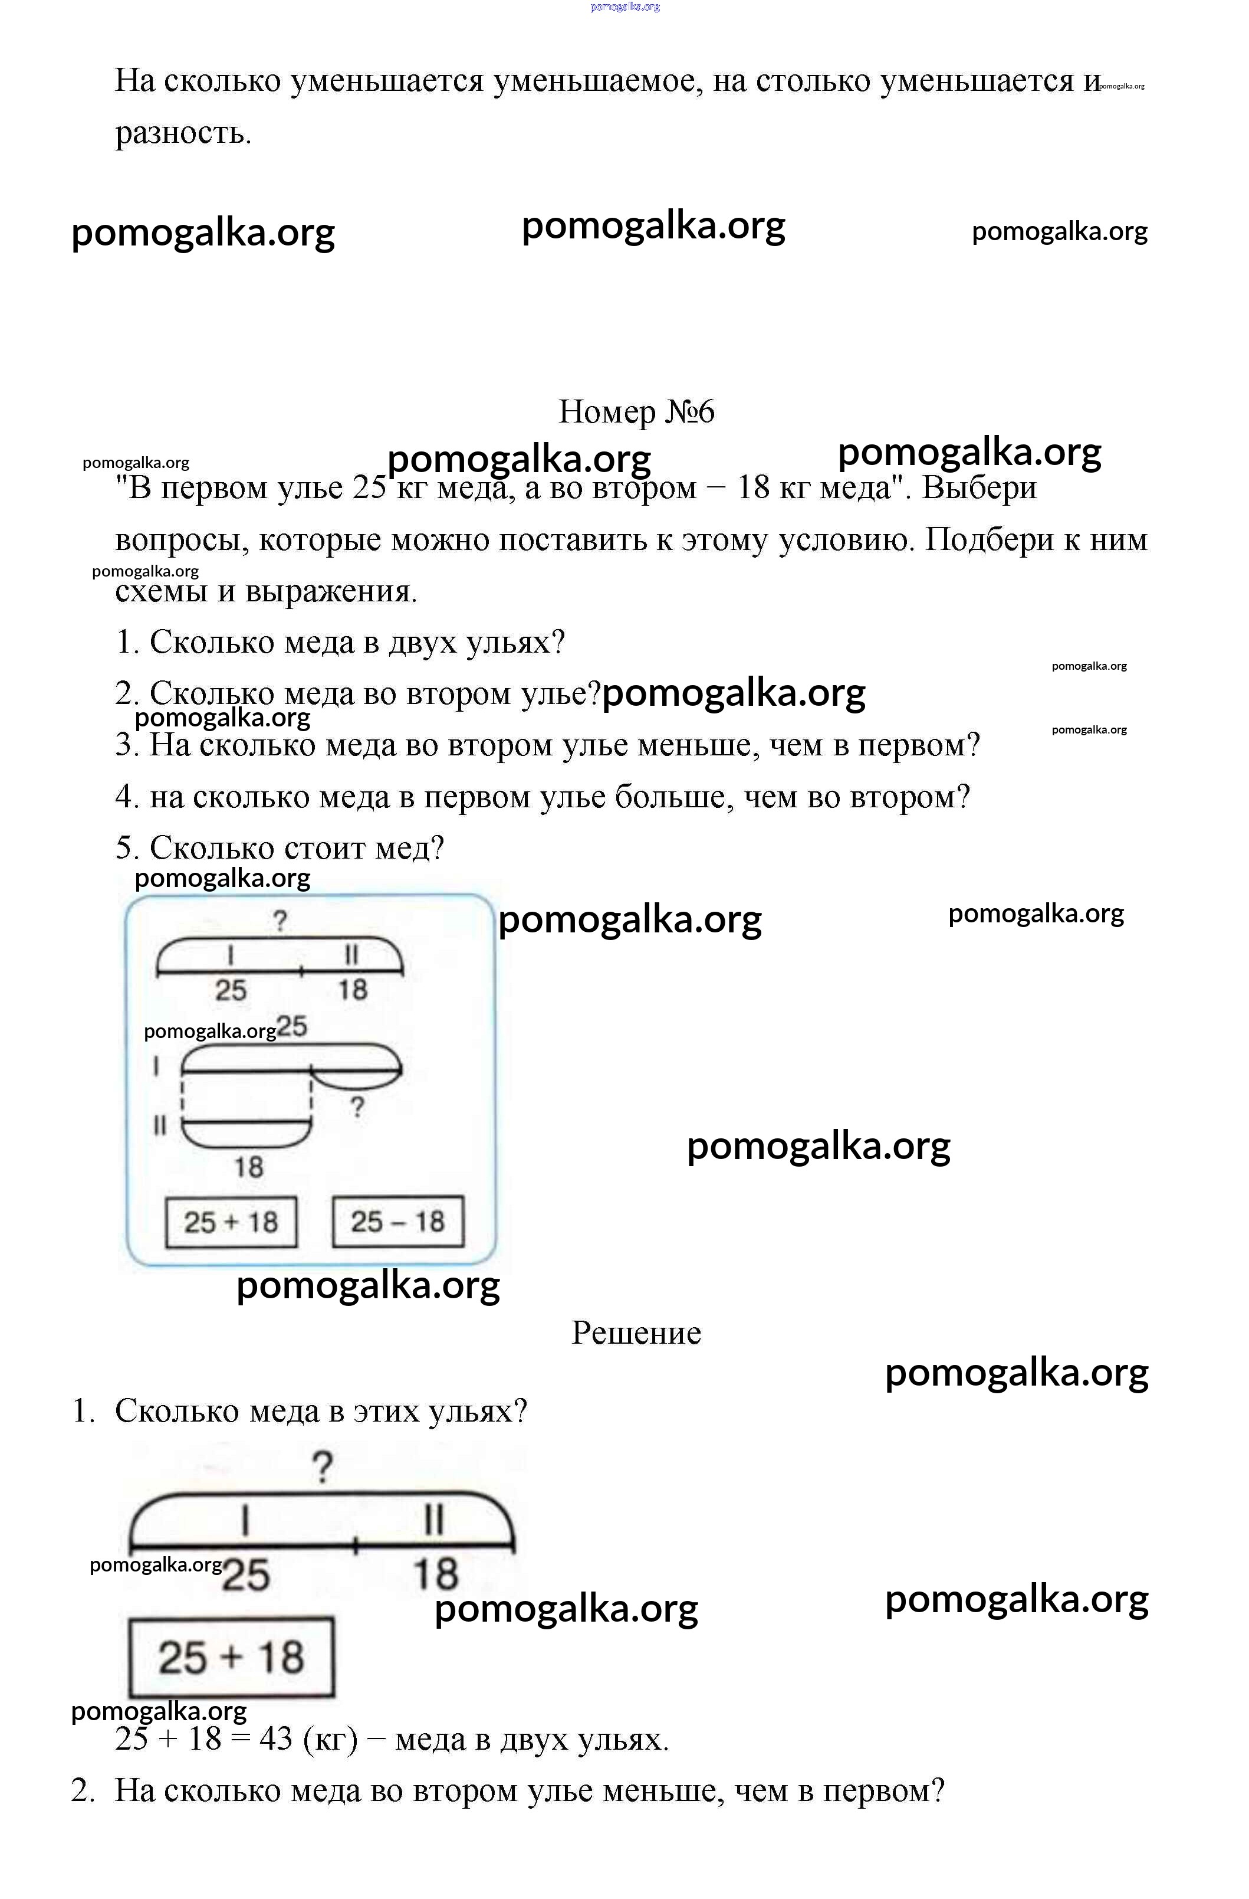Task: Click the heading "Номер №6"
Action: coord(636,412)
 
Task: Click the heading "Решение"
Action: coord(636,1333)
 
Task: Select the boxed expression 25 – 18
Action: coord(397,1221)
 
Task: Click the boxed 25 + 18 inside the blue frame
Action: coord(231,1222)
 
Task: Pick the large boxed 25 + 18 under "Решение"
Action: coord(231,1657)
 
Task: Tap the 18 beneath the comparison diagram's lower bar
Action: coord(248,1167)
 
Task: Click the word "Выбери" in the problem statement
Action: coord(979,487)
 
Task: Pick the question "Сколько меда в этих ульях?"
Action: coord(321,1411)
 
